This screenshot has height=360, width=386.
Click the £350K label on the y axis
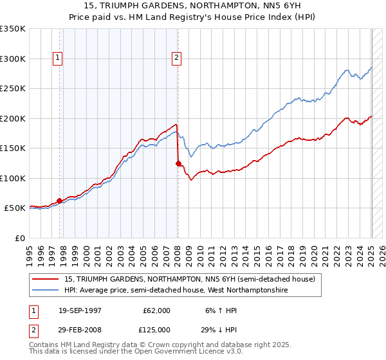coord(12,29)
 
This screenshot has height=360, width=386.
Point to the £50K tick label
coord(15,208)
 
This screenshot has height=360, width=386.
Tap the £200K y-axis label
coord(12,118)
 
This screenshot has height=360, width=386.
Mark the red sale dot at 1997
coord(60,201)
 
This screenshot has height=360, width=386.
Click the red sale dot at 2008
coord(178,163)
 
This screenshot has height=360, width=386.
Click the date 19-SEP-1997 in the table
coord(80,310)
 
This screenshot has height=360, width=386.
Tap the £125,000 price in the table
coord(157,329)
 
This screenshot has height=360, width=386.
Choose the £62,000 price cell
coord(157,310)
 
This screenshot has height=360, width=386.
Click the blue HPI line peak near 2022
coord(346,69)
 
